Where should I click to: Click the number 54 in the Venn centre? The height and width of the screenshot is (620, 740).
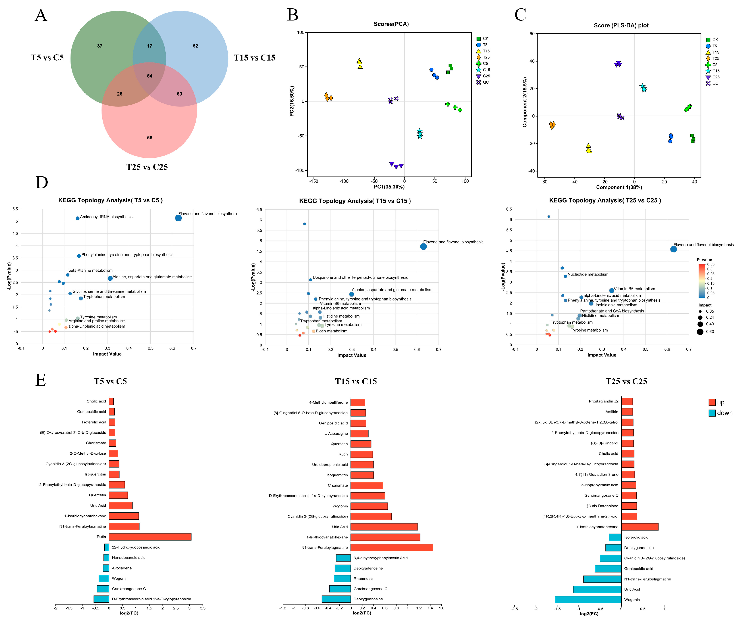tap(149, 76)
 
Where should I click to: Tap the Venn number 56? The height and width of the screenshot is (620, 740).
tap(149, 137)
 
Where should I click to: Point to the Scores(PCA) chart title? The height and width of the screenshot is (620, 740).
tap(391, 24)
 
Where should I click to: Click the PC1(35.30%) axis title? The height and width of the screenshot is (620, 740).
tap(389, 187)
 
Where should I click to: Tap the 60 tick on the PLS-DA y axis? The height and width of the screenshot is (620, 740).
tap(532, 34)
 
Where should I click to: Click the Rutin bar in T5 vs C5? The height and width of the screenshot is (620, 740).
tap(150, 537)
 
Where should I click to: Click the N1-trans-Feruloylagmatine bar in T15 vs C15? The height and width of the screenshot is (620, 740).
tap(392, 547)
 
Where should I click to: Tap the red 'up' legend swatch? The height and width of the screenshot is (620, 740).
tap(712, 402)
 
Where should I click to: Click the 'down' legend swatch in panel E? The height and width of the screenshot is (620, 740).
tap(712, 413)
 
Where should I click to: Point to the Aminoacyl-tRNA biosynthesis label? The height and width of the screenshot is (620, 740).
tap(106, 217)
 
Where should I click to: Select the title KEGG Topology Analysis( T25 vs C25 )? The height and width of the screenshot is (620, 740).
tap(605, 200)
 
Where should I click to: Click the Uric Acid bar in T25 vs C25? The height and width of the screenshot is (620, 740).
tap(597, 589)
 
